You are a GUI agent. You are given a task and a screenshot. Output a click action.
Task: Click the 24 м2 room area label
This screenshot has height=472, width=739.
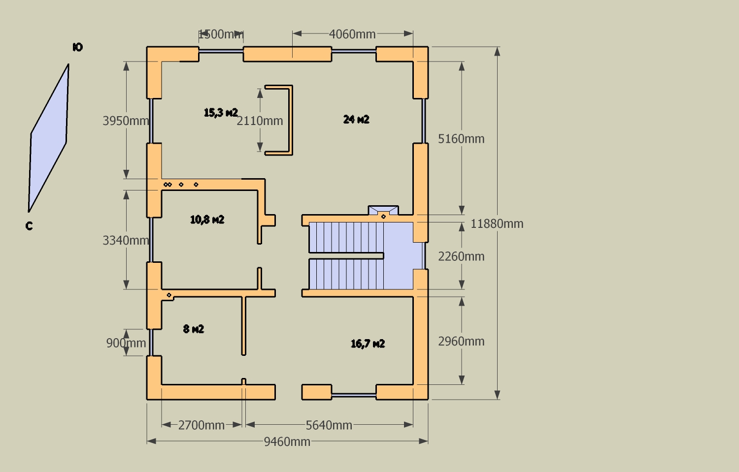(356, 119)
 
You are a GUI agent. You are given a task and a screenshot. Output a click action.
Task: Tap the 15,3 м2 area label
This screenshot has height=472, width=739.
(221, 112)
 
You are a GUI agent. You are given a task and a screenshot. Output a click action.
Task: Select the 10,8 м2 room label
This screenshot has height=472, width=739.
(207, 219)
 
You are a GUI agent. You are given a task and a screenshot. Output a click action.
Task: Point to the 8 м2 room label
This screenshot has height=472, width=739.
(194, 329)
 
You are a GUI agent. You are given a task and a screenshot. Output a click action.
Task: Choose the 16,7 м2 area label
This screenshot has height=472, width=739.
(368, 344)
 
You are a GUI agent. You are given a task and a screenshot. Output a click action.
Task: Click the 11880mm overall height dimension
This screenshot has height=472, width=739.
(497, 224)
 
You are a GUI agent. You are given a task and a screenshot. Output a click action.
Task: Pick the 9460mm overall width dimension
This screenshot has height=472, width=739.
(287, 441)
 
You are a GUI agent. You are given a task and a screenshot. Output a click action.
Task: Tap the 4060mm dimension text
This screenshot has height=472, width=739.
(352, 34)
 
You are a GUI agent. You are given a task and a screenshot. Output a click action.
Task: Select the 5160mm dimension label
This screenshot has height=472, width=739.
(461, 139)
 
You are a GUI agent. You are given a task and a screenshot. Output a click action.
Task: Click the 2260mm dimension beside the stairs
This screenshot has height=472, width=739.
(461, 256)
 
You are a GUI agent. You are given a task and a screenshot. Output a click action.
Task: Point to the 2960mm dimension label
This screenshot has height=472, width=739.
(461, 341)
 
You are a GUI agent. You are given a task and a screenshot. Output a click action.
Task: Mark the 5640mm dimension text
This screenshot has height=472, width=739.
(329, 425)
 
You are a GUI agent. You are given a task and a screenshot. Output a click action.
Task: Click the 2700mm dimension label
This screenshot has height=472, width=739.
(201, 425)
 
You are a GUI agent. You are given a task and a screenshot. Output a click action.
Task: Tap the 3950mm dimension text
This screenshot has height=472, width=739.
(126, 121)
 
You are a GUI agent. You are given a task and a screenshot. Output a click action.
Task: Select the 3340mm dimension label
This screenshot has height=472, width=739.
(126, 240)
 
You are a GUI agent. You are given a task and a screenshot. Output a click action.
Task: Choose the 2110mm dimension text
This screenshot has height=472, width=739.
(260, 121)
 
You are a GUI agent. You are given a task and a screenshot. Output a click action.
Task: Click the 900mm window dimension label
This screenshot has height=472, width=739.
(126, 343)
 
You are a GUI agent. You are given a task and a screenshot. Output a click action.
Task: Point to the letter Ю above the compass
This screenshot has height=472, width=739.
(78, 47)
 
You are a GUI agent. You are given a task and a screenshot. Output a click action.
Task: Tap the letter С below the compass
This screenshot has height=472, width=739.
(29, 226)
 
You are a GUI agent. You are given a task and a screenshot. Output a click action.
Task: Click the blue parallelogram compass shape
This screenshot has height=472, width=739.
(49, 138)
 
